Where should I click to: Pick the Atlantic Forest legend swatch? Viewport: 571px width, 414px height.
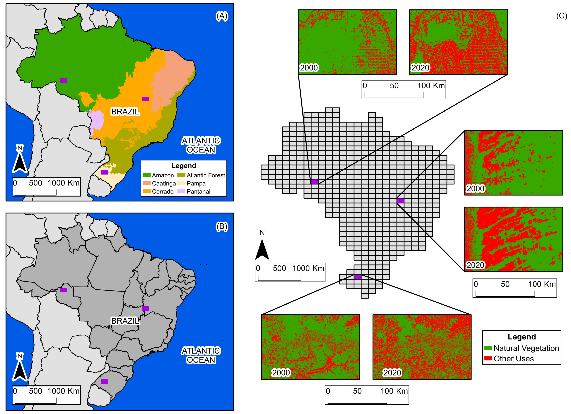click(x=181, y=175)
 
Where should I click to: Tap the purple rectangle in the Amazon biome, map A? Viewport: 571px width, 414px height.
click(x=63, y=81)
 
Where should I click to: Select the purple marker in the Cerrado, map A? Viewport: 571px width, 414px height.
click(x=145, y=99)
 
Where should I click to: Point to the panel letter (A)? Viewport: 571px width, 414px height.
click(x=222, y=16)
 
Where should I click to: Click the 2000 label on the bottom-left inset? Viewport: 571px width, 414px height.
click(x=281, y=372)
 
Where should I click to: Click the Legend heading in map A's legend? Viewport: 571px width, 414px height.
click(x=184, y=166)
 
